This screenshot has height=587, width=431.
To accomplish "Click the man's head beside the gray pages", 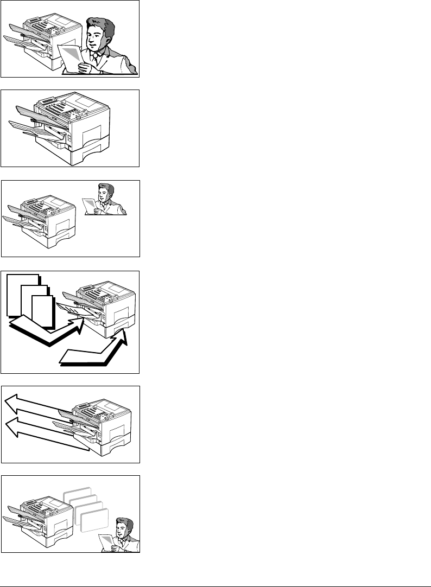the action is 125,528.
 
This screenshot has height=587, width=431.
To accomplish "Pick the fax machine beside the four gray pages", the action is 41,515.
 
